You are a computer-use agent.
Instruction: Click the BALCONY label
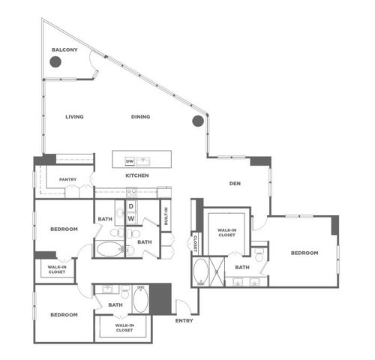[x=64, y=50]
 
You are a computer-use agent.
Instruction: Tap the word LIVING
[x=73, y=117]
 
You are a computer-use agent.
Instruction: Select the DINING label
[x=140, y=117]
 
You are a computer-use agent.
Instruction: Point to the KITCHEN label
[x=136, y=175]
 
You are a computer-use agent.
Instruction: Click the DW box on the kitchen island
[x=129, y=160]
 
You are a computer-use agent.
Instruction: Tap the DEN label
[x=234, y=183]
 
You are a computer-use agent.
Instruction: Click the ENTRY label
[x=184, y=320]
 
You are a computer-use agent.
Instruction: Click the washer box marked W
[x=130, y=218]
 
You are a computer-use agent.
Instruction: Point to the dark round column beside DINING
[x=198, y=120]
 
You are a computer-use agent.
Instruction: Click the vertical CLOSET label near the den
[x=195, y=243]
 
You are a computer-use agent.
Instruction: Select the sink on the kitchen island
[x=145, y=160]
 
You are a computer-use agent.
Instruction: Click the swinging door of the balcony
[x=93, y=66]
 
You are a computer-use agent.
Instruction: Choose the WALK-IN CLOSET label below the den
[x=225, y=232]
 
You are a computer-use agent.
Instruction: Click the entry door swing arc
[x=181, y=306]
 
